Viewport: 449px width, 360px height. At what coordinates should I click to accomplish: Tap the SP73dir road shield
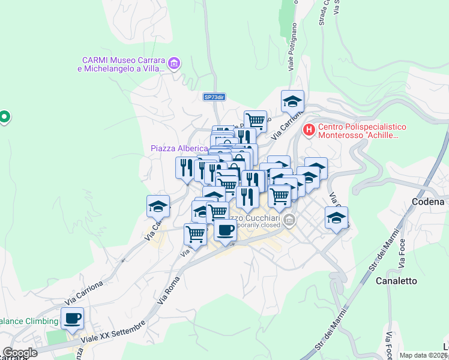click(x=214, y=97)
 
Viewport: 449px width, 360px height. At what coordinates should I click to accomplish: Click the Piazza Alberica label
click(x=178, y=148)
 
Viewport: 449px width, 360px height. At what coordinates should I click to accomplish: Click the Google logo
click(x=20, y=353)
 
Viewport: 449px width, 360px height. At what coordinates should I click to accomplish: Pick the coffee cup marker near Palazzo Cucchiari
click(x=225, y=230)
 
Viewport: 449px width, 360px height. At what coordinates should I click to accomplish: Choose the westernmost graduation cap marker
click(x=158, y=206)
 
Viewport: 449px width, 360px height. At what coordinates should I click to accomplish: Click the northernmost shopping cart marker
click(x=255, y=120)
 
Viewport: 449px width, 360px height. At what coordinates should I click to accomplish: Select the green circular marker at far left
click(x=5, y=116)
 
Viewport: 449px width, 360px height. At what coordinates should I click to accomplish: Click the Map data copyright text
click(x=424, y=355)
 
